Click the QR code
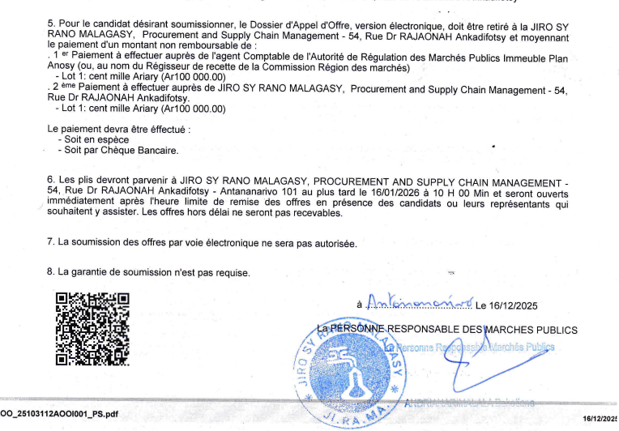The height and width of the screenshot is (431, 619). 92,328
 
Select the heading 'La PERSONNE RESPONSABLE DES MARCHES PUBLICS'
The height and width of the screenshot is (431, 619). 447,330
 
